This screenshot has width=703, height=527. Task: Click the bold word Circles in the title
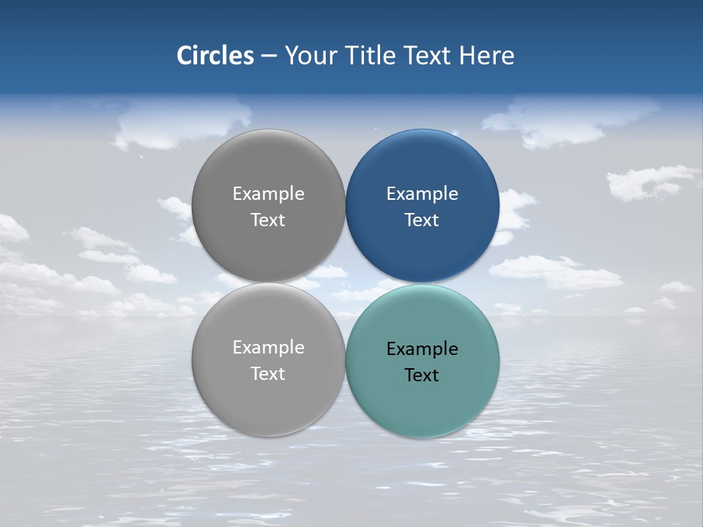click(x=215, y=56)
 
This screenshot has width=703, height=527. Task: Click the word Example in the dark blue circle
click(x=423, y=194)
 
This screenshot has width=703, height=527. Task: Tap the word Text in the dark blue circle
click(x=423, y=220)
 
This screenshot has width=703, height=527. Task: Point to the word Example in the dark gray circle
click(x=268, y=194)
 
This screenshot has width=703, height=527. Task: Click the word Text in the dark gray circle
click(x=268, y=220)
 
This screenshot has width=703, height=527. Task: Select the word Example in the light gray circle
click(x=268, y=348)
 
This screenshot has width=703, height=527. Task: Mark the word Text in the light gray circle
click(x=268, y=374)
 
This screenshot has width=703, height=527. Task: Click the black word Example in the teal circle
click(x=423, y=349)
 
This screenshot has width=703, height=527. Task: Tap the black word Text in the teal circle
click(x=423, y=375)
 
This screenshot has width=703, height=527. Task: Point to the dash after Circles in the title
click(x=269, y=56)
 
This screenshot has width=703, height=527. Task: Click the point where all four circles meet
click(x=345, y=283)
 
